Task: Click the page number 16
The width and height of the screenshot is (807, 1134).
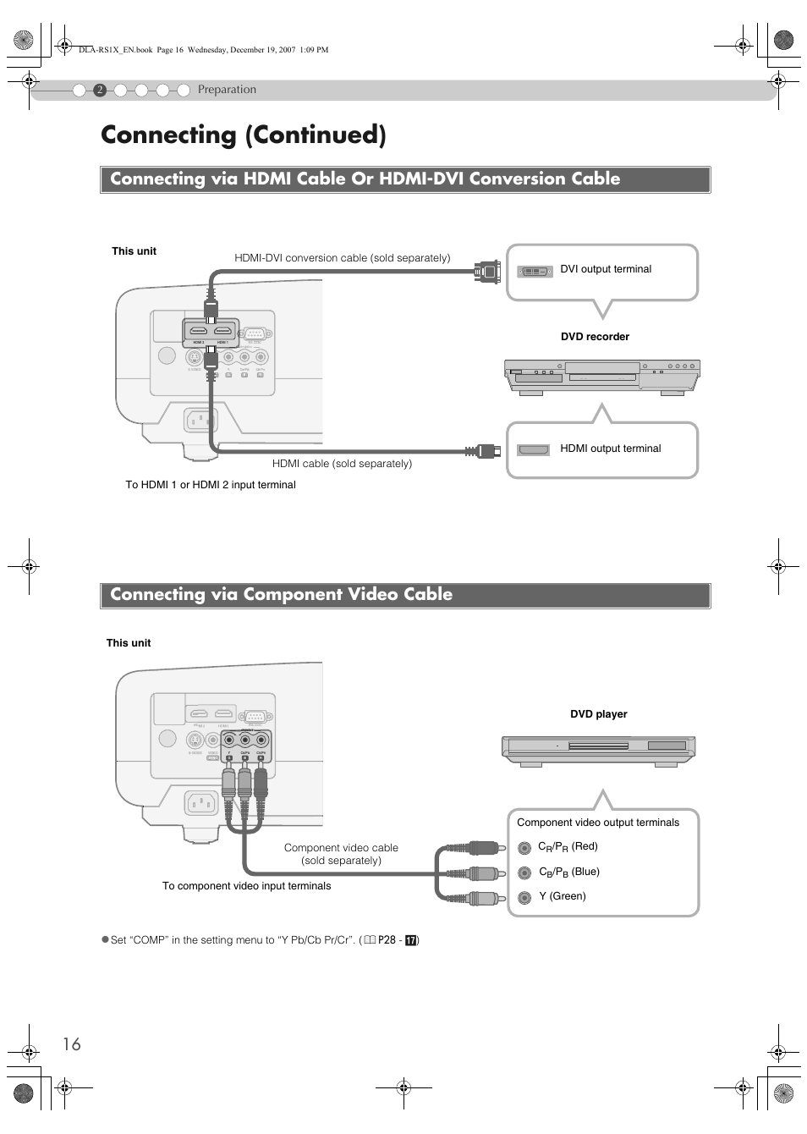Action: coord(72,1043)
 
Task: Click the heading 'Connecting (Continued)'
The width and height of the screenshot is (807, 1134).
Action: coord(243,135)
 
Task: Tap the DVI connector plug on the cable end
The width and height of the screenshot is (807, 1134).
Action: coord(488,272)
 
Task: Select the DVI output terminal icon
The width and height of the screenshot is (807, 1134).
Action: coord(535,271)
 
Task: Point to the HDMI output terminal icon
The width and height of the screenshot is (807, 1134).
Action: coord(534,449)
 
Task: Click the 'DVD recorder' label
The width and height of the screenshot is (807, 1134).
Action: coord(595,337)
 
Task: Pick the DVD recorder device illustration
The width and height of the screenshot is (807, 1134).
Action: coord(601,377)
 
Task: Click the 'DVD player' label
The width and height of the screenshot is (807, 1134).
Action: coord(598,714)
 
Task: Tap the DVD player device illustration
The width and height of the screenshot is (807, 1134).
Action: coord(598,751)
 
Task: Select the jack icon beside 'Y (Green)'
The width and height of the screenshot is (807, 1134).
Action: coord(524,897)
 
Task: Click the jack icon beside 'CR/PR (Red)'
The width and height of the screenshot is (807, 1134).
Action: coord(524,847)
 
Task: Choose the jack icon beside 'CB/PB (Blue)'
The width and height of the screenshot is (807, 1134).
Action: coord(524,873)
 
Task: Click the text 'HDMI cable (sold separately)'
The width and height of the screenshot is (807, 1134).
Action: coord(342,464)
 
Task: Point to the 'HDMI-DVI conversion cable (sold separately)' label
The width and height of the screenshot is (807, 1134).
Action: coord(342,258)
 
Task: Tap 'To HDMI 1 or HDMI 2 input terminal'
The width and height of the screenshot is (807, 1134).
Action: coord(211,485)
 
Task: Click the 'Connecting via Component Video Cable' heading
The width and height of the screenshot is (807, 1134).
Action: coord(281,595)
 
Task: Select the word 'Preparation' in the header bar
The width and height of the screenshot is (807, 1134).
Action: coord(227,90)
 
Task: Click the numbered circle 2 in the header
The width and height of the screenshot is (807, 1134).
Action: coord(100,91)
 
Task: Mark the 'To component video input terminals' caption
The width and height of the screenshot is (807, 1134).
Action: coord(246,886)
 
